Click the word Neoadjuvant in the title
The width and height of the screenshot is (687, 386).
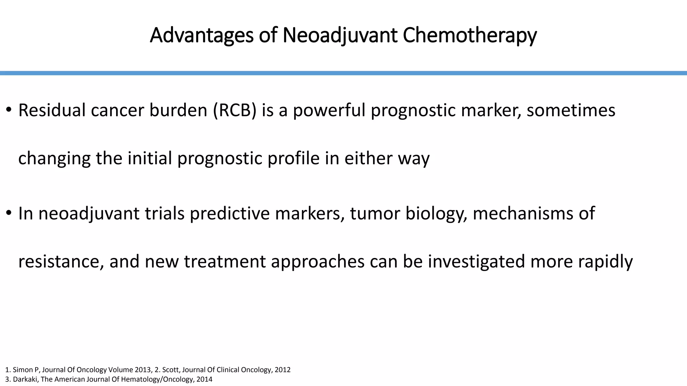[x=340, y=35]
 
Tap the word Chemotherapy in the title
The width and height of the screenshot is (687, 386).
[x=470, y=35]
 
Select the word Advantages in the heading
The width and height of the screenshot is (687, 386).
[x=201, y=35]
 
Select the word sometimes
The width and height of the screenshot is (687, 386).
[x=571, y=110]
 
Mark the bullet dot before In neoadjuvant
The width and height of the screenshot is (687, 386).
[x=9, y=213]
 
